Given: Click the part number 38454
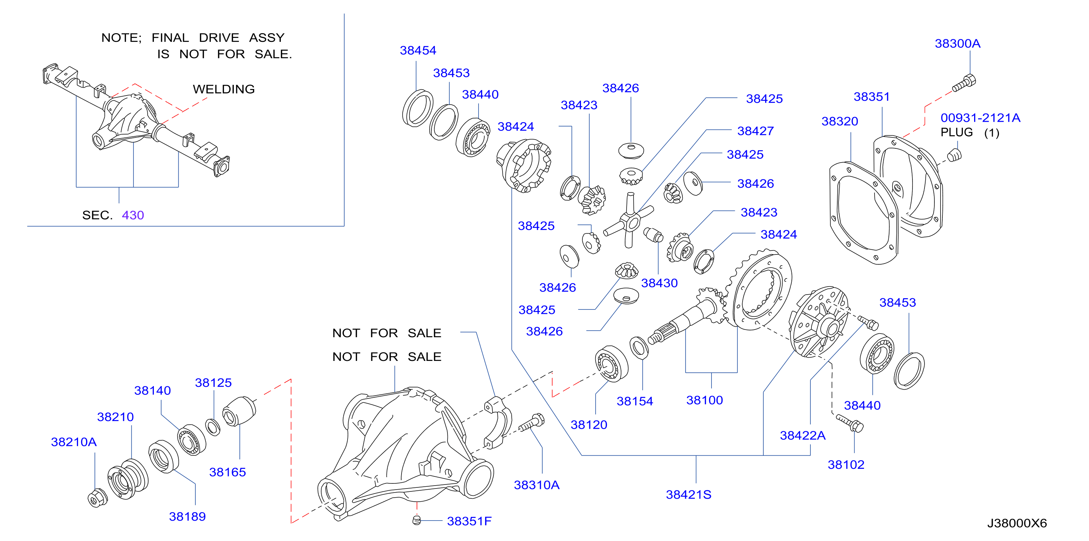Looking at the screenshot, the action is (x=418, y=50).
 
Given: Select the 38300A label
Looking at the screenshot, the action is (x=958, y=43).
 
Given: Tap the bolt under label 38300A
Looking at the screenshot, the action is (x=964, y=83).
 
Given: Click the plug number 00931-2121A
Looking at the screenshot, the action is (x=980, y=118).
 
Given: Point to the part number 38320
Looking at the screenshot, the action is (x=840, y=121).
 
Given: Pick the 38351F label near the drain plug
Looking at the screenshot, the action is (x=469, y=521).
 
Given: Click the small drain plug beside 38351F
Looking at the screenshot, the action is (x=417, y=520).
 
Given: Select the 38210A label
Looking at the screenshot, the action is (x=74, y=442).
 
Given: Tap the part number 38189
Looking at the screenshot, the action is (x=187, y=517).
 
